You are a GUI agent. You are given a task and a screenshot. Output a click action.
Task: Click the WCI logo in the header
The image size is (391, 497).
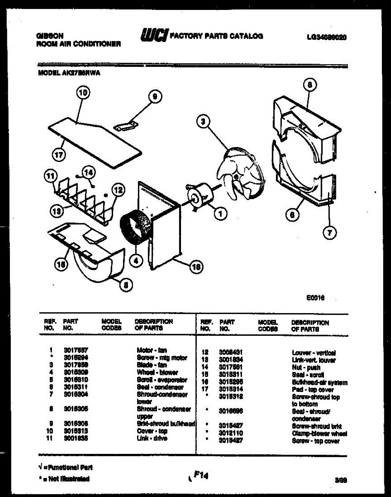tap(154, 36)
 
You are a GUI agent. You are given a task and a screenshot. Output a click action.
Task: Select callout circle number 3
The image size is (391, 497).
tap(203, 121)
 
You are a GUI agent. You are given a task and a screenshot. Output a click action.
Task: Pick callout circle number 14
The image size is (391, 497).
tap(89, 172)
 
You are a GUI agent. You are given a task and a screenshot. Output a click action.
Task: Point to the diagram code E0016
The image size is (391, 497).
tap(316, 298)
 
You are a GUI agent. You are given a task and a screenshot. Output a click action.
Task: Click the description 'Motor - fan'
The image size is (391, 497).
tap(151, 350)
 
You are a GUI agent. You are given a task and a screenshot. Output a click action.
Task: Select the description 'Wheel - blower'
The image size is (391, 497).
tap(157, 372)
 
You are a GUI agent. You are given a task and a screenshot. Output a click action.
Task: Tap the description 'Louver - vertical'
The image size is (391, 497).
tap(314, 353)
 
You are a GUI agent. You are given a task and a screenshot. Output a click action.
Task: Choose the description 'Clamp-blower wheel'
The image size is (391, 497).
tap(319, 434)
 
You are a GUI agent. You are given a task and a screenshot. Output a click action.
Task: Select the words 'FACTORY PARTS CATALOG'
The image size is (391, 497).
tap(217, 36)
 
